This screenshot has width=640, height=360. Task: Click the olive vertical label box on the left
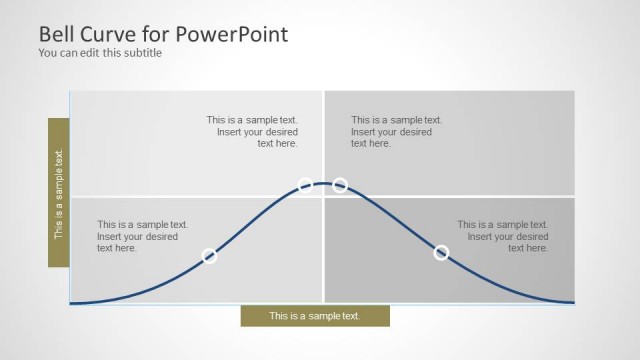(x=58, y=193)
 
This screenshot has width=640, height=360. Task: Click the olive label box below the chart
(x=314, y=316)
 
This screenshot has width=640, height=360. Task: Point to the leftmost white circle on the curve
(x=210, y=256)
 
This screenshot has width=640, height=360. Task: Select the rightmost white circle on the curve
(x=441, y=252)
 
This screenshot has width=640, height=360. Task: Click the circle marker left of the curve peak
(x=305, y=185)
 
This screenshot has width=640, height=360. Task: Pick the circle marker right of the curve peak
(x=340, y=185)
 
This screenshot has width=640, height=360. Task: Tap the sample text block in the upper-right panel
(x=396, y=131)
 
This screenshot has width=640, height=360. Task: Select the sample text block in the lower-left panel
(x=142, y=236)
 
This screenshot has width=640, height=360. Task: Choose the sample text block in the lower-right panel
(x=503, y=236)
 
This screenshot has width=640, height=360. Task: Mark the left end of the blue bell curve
(x=71, y=302)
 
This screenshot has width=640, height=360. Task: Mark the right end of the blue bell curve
(x=574, y=302)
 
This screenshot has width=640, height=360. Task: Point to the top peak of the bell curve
(x=323, y=182)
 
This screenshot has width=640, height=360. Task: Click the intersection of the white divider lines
(x=323, y=196)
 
